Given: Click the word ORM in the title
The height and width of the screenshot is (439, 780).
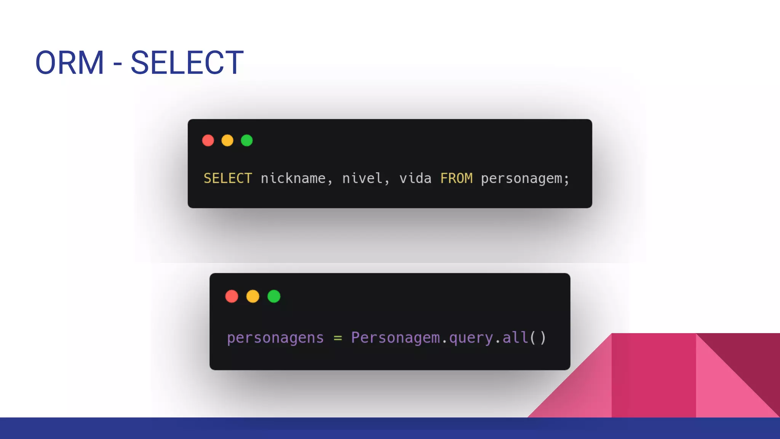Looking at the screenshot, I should pyautogui.click(x=70, y=63).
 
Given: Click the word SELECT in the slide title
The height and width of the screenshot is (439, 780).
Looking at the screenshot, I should pyautogui.click(x=187, y=63).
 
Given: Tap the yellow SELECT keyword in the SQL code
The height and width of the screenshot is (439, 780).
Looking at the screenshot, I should pyautogui.click(x=228, y=178).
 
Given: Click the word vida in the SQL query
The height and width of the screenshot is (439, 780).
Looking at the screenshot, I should pyautogui.click(x=415, y=178).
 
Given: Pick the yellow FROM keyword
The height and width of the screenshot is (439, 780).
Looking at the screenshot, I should pyautogui.click(x=456, y=178).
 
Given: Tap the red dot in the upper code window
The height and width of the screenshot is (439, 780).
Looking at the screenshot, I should pyautogui.click(x=208, y=140).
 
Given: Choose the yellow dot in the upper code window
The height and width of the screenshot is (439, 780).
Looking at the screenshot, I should pyautogui.click(x=227, y=140).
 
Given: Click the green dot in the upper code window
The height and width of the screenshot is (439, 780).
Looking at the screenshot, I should pyautogui.click(x=247, y=140).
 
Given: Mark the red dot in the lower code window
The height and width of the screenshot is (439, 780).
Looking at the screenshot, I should pyautogui.click(x=232, y=296).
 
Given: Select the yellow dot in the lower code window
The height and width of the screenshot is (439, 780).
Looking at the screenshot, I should pyautogui.click(x=253, y=296).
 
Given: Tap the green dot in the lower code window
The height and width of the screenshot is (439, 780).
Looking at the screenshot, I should pyautogui.click(x=274, y=296).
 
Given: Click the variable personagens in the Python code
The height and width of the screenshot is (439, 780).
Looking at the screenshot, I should pyautogui.click(x=275, y=338).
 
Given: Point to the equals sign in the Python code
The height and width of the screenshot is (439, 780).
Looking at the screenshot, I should pyautogui.click(x=338, y=338).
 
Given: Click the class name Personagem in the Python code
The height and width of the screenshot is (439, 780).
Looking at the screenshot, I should pyautogui.click(x=395, y=338).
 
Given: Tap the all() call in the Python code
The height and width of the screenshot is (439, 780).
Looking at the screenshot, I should pyautogui.click(x=524, y=338).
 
